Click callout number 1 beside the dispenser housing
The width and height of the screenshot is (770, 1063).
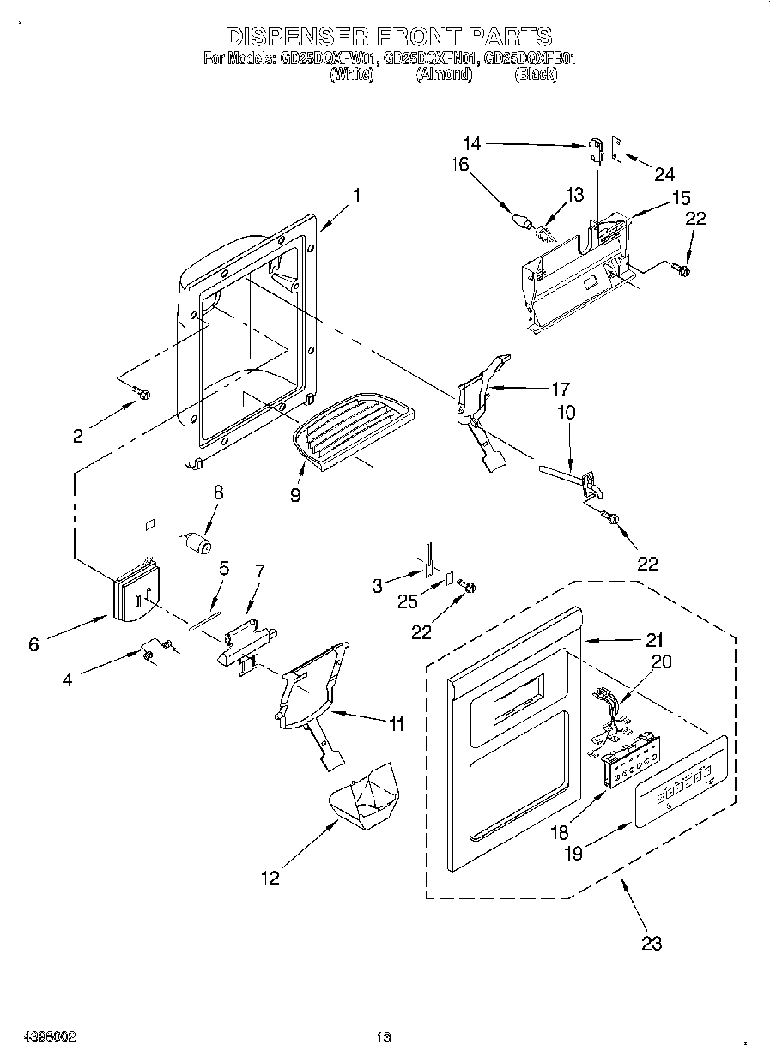point(355,195)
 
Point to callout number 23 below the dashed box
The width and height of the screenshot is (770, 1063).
point(652,943)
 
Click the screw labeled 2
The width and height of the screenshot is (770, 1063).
point(142,394)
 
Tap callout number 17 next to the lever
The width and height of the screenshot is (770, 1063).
point(560,389)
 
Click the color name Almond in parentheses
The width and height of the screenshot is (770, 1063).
point(444,75)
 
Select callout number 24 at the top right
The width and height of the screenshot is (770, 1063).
point(664,174)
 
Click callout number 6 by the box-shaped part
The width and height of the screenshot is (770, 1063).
point(33,643)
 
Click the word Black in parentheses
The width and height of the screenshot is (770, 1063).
point(536,75)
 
